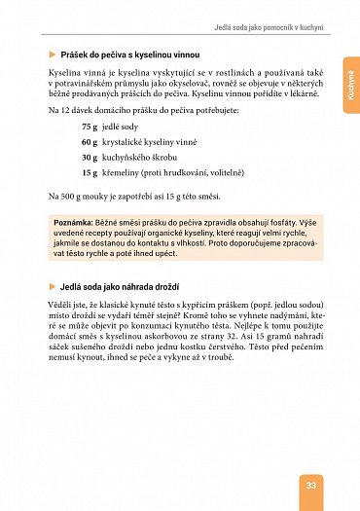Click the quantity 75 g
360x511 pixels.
coord(89,127)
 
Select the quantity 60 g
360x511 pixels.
coord(89,142)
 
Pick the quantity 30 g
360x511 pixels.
coord(89,157)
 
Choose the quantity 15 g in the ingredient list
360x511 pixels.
coord(89,172)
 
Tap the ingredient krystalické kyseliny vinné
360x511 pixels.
coord(154,142)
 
